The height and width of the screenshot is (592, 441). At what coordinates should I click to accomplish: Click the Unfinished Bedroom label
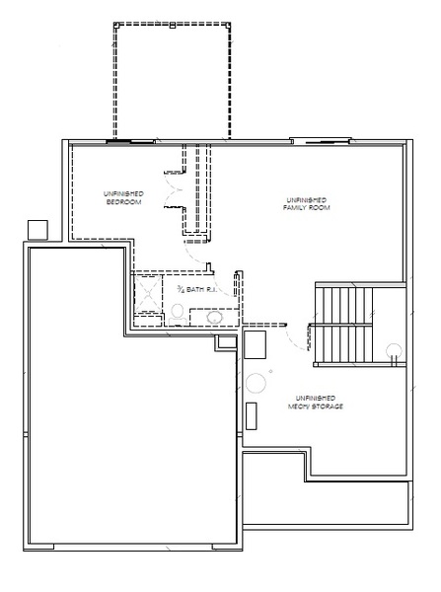click(x=123, y=198)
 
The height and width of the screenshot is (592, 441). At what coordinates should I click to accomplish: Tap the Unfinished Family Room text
click(x=306, y=204)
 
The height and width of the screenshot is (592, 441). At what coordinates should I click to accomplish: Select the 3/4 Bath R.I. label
click(x=196, y=289)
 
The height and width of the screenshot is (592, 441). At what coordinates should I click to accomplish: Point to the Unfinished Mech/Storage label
click(x=316, y=403)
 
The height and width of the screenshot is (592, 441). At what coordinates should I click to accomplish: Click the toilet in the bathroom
click(x=177, y=315)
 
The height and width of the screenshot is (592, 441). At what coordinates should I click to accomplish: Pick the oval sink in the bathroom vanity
click(x=214, y=318)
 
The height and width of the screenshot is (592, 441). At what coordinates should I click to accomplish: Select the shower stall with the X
click(x=148, y=294)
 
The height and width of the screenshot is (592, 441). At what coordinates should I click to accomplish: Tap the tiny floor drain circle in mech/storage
click(x=270, y=372)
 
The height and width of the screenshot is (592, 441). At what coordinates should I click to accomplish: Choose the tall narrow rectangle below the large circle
click(x=251, y=415)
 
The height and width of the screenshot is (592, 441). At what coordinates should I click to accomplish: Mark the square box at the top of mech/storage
click(x=255, y=344)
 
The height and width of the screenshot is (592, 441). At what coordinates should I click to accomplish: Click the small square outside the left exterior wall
click(x=37, y=230)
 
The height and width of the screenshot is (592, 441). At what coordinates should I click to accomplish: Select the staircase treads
click(x=343, y=326)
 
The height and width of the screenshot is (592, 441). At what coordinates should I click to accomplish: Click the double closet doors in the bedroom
click(x=173, y=189)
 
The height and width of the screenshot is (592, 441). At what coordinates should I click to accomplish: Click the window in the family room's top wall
click(x=321, y=140)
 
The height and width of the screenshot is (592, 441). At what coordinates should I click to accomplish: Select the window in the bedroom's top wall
click(x=130, y=142)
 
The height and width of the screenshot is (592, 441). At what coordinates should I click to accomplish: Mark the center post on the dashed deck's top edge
click(x=173, y=26)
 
